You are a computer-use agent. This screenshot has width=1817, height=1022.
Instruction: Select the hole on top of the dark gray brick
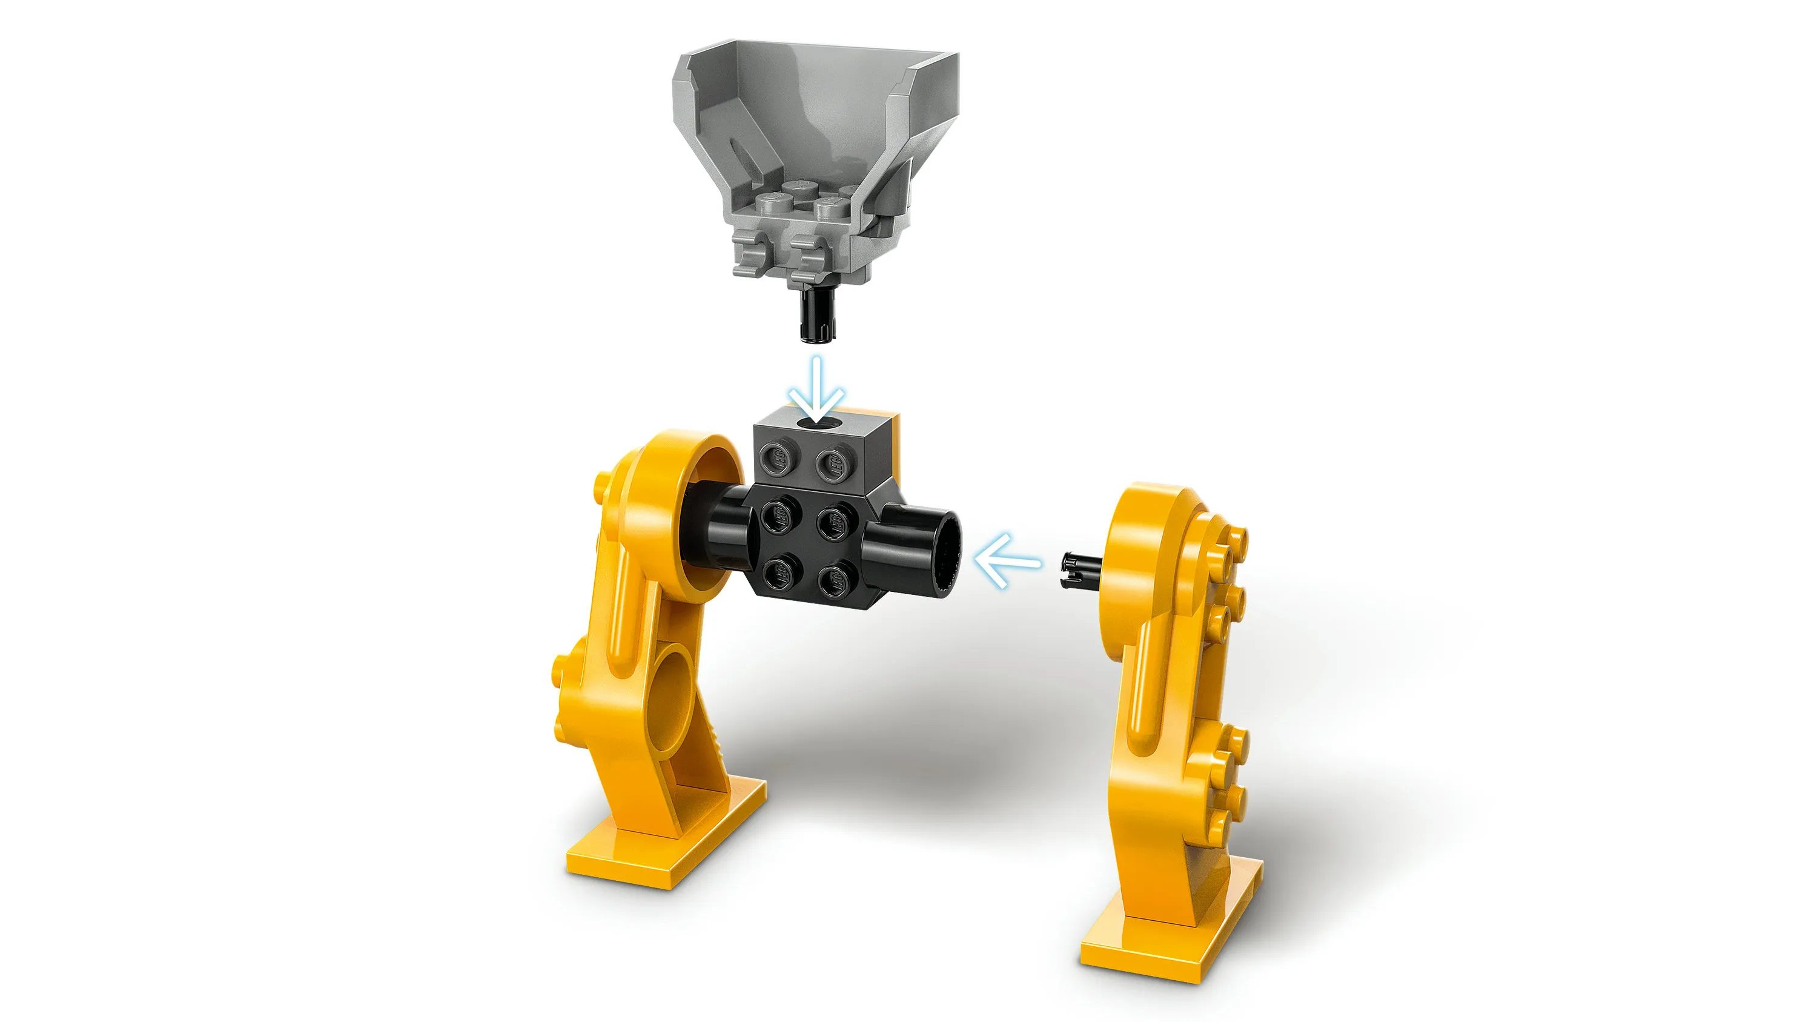pos(818,423)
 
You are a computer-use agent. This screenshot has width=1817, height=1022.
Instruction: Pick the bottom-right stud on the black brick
pos(834,580)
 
